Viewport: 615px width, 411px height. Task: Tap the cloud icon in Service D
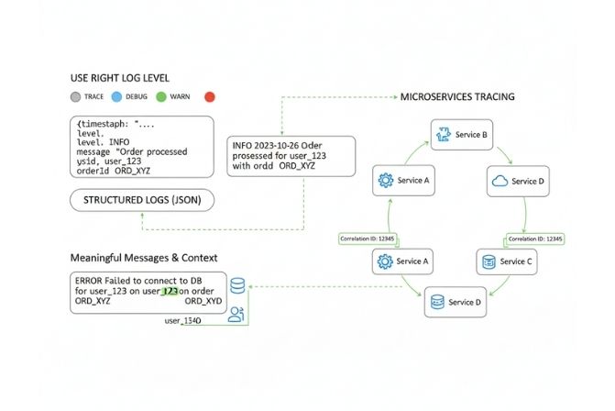(x=499, y=181)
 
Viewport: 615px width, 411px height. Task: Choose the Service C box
(x=504, y=261)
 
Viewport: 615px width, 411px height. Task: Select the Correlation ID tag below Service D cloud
(x=534, y=239)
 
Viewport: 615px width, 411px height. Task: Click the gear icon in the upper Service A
(x=385, y=181)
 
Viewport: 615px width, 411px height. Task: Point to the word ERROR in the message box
(x=91, y=280)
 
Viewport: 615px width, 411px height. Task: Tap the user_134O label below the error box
(x=184, y=320)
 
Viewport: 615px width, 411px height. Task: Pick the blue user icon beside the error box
(x=237, y=314)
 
